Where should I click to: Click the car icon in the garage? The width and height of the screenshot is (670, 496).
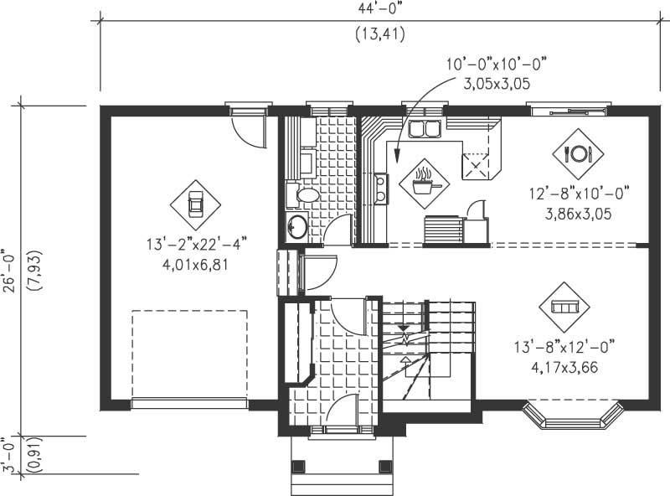pos(195,204)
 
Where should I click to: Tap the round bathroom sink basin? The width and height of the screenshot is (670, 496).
pos(296,226)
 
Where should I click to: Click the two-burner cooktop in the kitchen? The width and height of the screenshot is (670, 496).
pos(381,189)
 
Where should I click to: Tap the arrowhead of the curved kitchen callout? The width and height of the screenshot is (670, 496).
pos(396,156)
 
